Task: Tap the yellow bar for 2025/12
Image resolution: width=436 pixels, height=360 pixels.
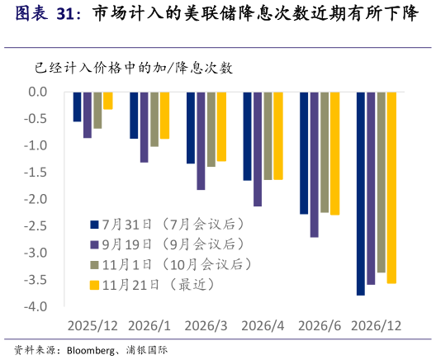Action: [108, 101]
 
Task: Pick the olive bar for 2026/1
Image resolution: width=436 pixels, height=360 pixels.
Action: [154, 119]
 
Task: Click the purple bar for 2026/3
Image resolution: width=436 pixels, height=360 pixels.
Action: [201, 141]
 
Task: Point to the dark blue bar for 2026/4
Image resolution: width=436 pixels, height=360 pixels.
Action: [247, 136]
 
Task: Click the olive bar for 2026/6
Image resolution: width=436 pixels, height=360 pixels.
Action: [325, 152]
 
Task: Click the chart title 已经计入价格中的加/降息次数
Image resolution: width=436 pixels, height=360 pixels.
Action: [133, 68]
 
